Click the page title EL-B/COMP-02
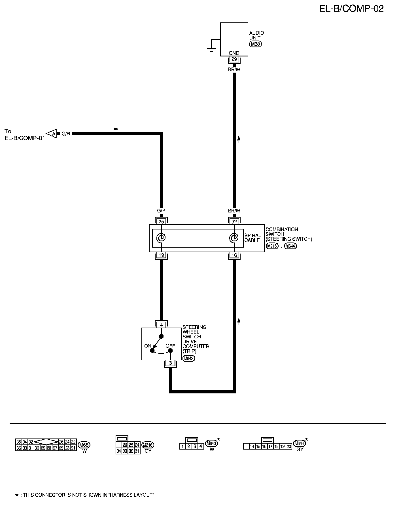(x=351, y=9)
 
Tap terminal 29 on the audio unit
(x=234, y=59)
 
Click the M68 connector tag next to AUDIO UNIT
(x=255, y=44)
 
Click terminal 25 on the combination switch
(x=161, y=222)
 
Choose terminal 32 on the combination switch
(x=234, y=222)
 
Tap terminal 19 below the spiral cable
(x=161, y=255)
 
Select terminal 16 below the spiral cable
(x=234, y=255)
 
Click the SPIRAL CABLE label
(x=252, y=238)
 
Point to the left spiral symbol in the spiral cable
(x=161, y=238)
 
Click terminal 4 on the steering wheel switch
(x=161, y=324)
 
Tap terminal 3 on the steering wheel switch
(x=170, y=363)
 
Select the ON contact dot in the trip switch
(x=152, y=351)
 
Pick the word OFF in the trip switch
(x=170, y=346)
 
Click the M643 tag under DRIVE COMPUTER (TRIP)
(x=189, y=359)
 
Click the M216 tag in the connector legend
(x=148, y=445)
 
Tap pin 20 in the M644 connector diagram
(x=289, y=447)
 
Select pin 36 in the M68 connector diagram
(x=19, y=442)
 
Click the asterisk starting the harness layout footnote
(x=17, y=495)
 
